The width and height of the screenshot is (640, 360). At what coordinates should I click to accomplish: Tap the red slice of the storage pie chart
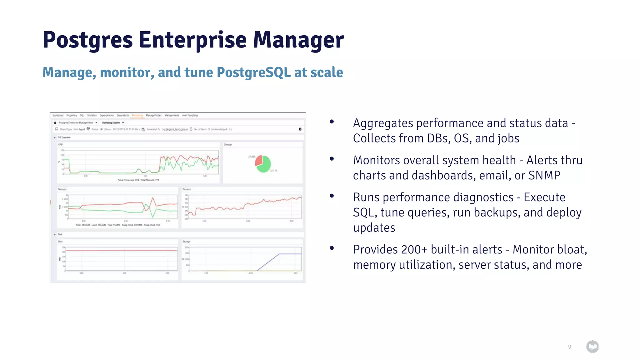[x=259, y=161]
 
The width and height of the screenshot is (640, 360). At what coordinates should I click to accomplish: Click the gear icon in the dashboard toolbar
[x=300, y=129]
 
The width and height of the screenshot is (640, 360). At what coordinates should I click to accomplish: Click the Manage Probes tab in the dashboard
[x=153, y=115]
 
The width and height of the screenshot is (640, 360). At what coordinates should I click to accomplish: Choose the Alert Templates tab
[x=190, y=115]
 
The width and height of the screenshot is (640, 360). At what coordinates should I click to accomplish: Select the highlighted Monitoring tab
[x=137, y=115]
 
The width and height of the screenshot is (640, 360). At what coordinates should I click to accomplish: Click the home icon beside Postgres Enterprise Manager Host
[x=55, y=123]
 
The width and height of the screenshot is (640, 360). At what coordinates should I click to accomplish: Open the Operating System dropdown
[x=113, y=123]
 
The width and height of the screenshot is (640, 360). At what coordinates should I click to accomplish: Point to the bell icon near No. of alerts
[x=191, y=129]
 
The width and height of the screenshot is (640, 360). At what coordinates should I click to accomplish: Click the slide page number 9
[x=569, y=347]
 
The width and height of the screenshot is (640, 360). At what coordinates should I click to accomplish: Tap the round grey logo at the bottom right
[x=592, y=347]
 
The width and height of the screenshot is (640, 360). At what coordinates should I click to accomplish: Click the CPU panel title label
[x=60, y=145]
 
